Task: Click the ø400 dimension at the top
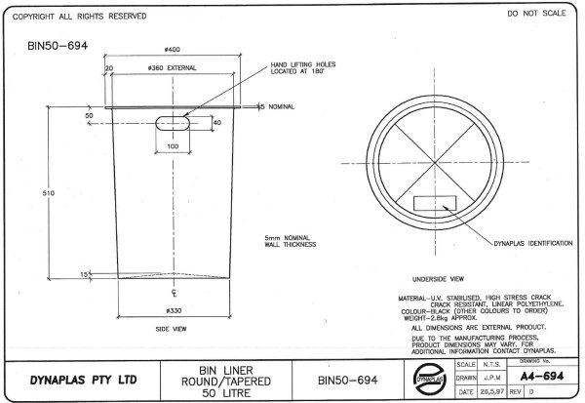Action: [172, 49]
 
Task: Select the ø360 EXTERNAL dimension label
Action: [173, 68]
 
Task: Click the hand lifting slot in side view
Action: [174, 123]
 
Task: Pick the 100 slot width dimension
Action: [173, 145]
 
